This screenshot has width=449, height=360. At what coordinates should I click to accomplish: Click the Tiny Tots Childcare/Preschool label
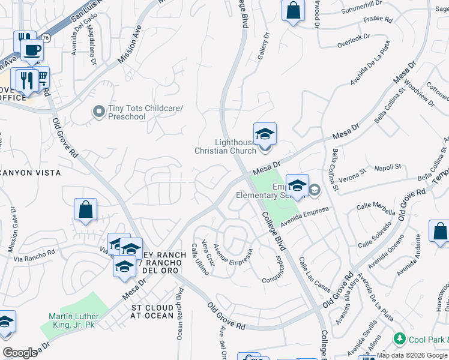click(145, 113)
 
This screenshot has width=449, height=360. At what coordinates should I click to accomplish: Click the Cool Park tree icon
click(399, 340)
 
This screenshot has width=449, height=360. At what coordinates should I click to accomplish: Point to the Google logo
click(20, 352)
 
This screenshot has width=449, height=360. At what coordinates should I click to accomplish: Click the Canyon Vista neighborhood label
click(31, 173)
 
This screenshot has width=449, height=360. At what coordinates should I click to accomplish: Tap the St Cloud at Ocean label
click(152, 311)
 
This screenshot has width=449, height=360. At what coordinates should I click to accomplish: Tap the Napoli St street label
click(388, 167)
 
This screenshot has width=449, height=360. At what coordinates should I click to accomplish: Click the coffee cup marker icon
click(32, 49)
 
